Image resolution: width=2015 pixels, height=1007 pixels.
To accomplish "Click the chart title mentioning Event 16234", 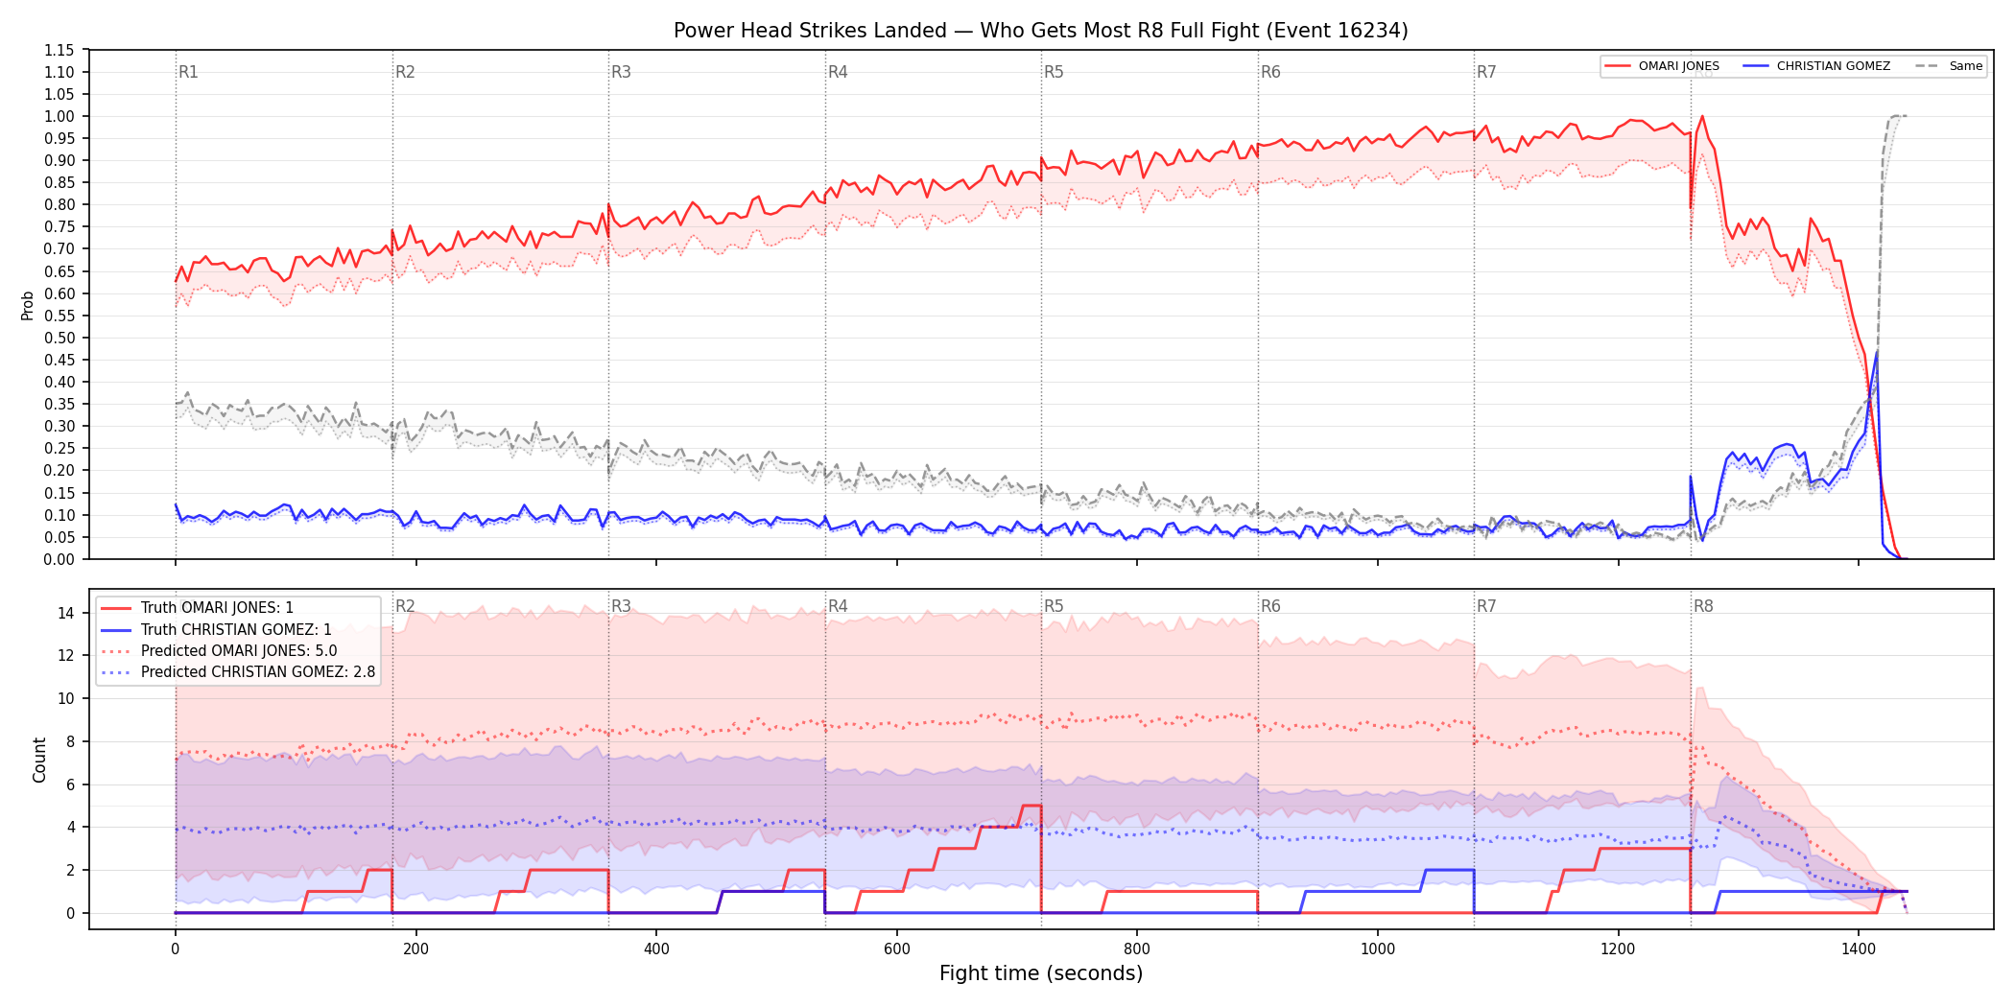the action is [x=1040, y=31].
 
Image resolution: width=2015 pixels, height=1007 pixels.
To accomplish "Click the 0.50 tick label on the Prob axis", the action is [x=59, y=338].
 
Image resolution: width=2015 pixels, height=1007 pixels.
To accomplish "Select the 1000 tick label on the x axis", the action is [x=1378, y=949].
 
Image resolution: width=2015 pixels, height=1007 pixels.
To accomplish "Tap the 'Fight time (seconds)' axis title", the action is [x=1041, y=973].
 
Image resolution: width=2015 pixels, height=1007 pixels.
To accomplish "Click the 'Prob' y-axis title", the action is [x=28, y=305].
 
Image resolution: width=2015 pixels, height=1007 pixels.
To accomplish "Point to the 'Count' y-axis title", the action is [x=39, y=760].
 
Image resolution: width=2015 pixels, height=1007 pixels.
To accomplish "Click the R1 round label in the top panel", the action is [x=188, y=72].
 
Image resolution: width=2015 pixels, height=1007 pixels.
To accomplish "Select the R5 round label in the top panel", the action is [x=1054, y=72].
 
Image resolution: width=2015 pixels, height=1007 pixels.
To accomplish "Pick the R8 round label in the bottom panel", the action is [x=1703, y=606].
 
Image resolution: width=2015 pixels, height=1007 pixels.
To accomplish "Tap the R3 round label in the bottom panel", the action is [x=621, y=606].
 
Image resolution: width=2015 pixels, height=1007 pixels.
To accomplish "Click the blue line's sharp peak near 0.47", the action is [x=1877, y=352].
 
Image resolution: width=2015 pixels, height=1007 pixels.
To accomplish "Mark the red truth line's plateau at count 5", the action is [x=1031, y=806].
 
